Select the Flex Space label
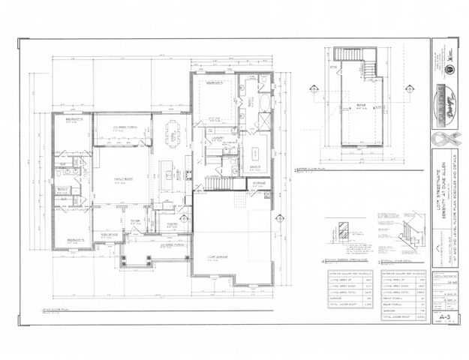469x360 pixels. tap(110, 234)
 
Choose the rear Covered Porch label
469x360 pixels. tap(123, 127)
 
